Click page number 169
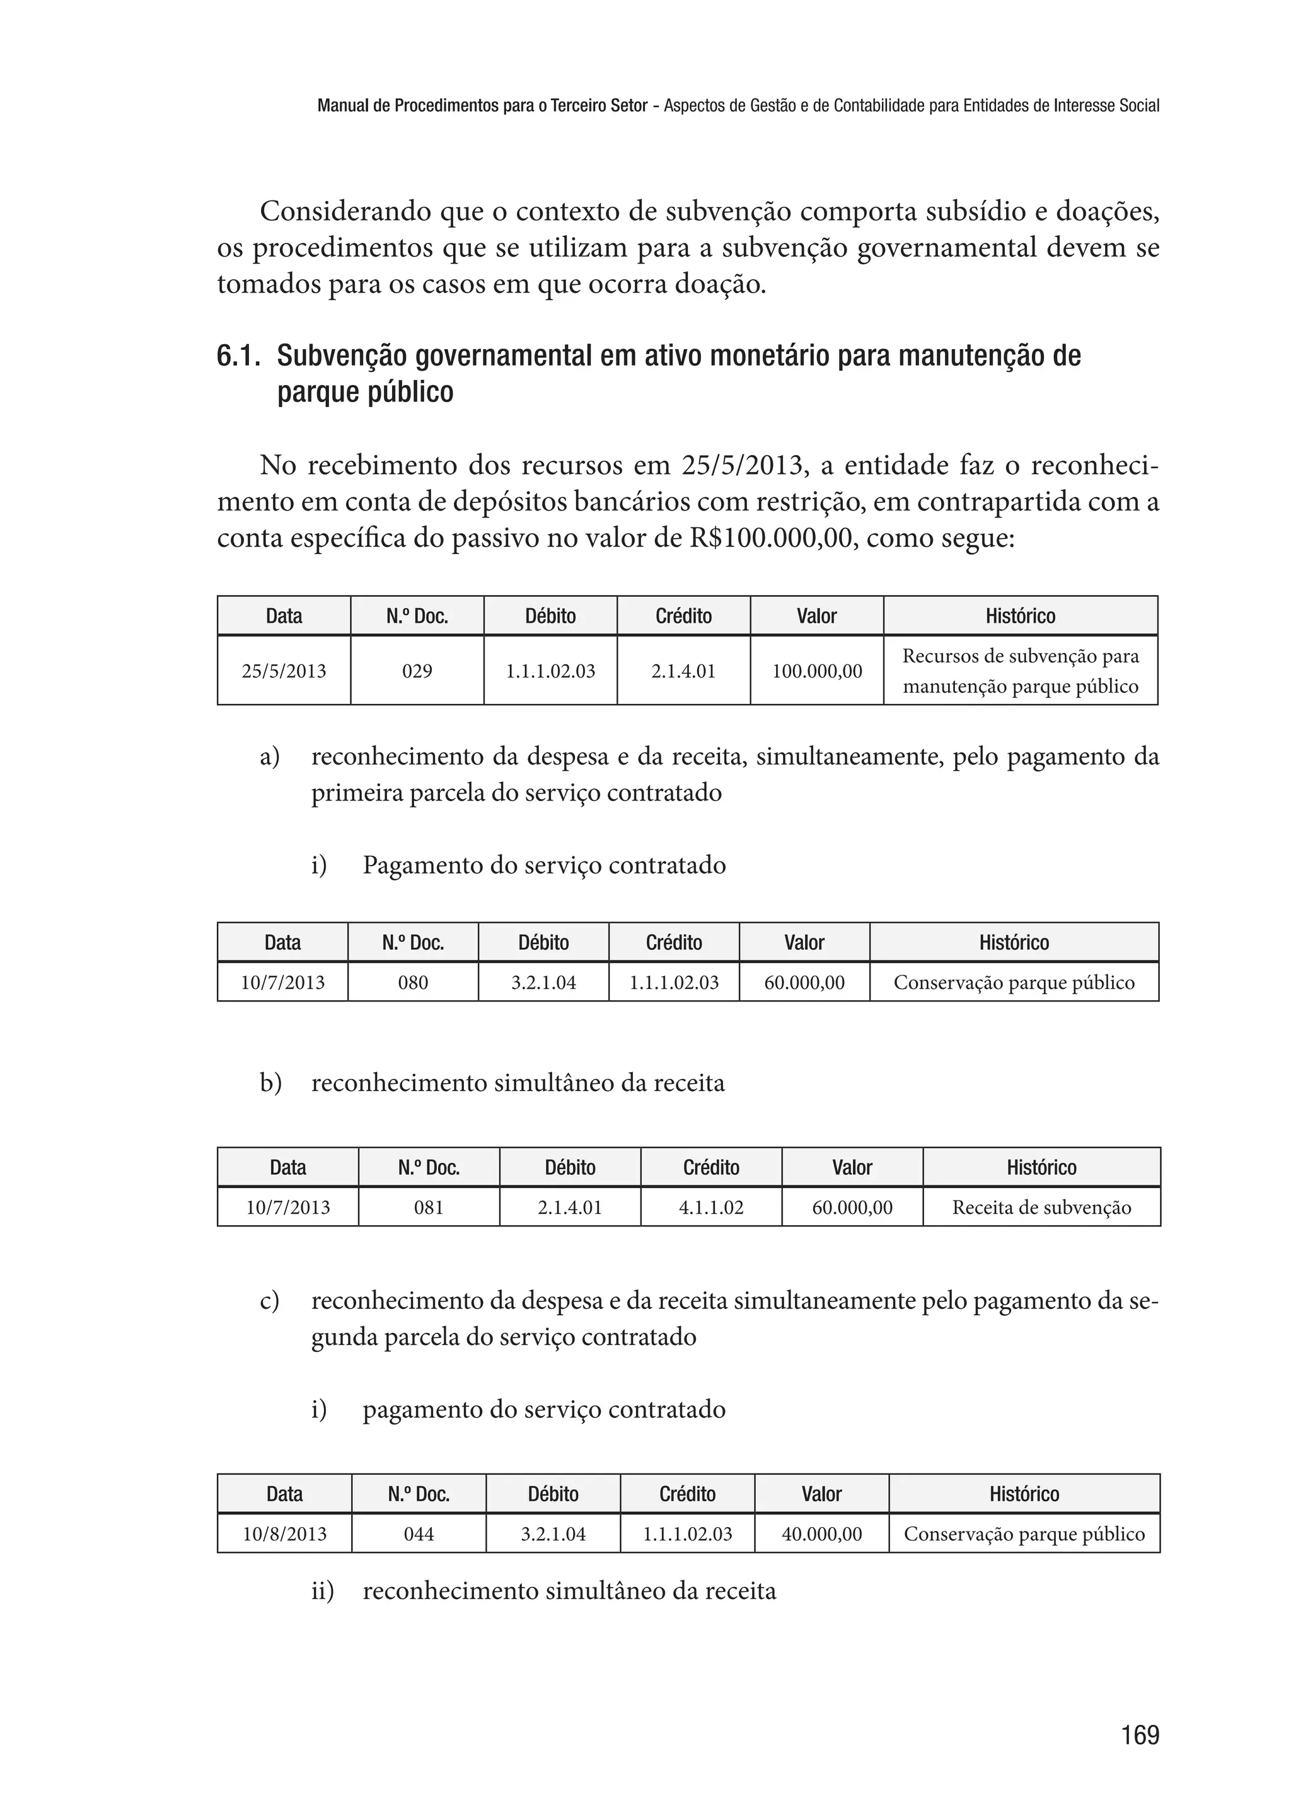tap(1139, 1734)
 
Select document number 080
tap(413, 983)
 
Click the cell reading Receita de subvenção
tap(1041, 1208)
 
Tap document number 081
tap(429, 1208)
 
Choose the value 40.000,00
tap(821, 1534)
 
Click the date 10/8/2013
tap(284, 1534)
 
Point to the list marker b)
tap(270, 1083)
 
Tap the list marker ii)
tap(322, 1591)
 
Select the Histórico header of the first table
tap(1020, 616)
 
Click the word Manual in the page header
tap(337, 106)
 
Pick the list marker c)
tap(270, 1301)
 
